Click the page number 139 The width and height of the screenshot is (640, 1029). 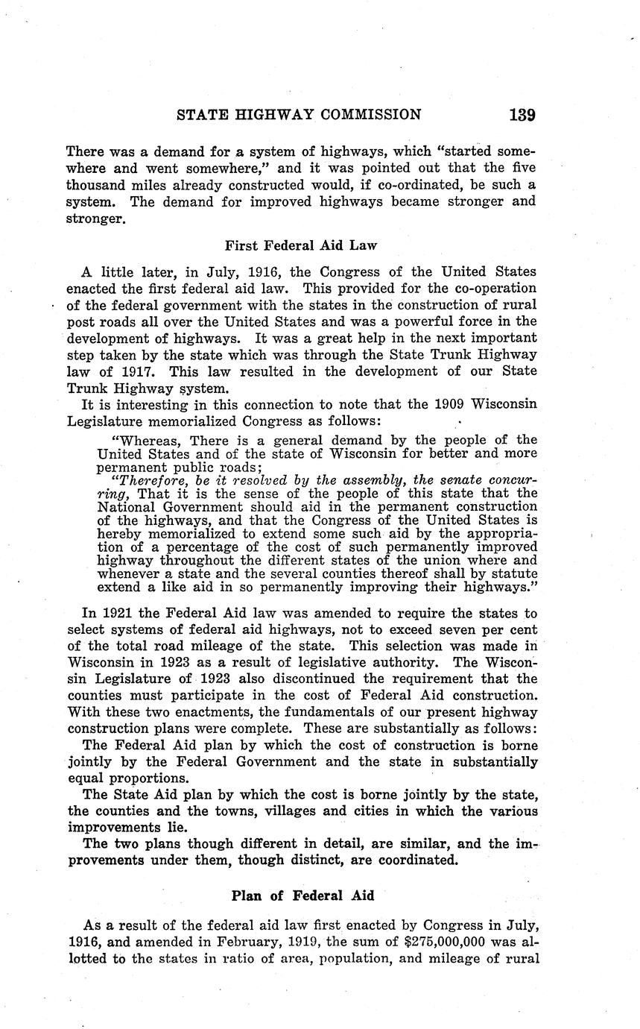click(522, 115)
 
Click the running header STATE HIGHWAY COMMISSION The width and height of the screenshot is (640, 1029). click(299, 115)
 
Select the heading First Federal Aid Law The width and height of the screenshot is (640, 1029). click(300, 244)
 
